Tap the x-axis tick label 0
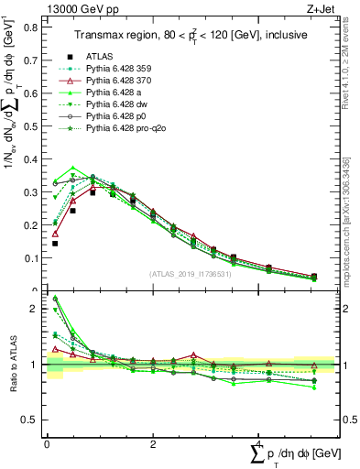pos(48,442)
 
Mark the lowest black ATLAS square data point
pos(55,244)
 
